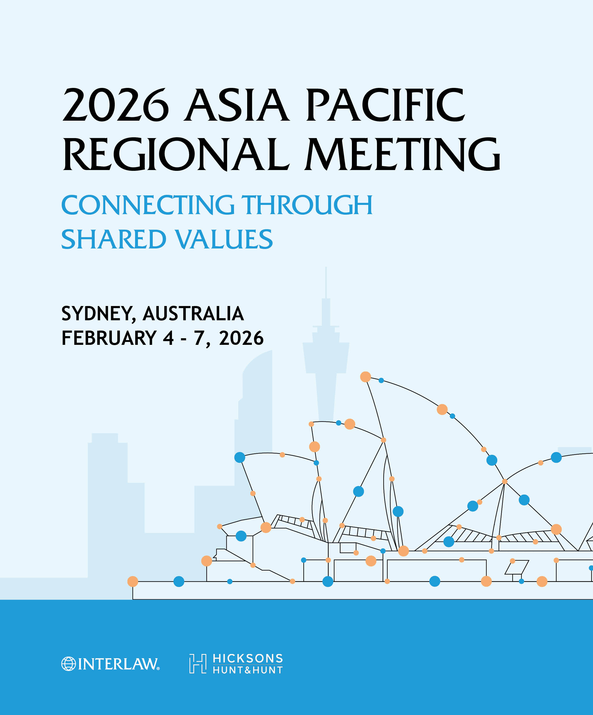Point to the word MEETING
403,154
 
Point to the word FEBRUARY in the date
109,338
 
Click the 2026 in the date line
241,338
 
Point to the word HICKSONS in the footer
248,658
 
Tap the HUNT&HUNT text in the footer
248,670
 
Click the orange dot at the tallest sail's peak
365,377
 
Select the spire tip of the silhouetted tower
326,268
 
